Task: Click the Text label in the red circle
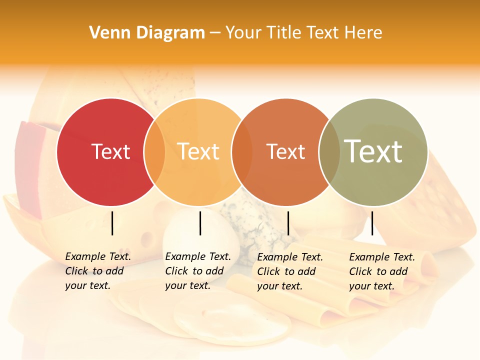[110, 151]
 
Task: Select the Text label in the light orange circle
[198, 151]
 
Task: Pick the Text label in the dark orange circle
[285, 151]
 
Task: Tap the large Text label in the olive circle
[373, 151]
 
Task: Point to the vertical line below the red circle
[112, 223]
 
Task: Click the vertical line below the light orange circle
[200, 223]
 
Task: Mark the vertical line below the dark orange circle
[288, 223]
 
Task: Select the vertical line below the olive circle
[372, 223]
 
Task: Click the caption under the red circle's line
[97, 271]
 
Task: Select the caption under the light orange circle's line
[197, 271]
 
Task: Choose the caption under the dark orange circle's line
[289, 271]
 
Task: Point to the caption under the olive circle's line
[381, 271]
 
